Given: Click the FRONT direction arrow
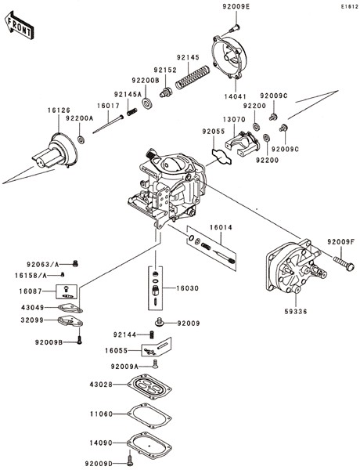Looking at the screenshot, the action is click(x=19, y=25).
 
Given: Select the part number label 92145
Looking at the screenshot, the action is click(x=188, y=57).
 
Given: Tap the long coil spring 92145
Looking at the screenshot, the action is click(x=193, y=78).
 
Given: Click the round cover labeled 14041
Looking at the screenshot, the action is click(x=229, y=58).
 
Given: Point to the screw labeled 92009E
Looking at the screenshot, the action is click(x=234, y=28).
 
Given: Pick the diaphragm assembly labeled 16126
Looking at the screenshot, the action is click(x=56, y=150).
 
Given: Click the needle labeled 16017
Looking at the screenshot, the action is click(x=108, y=124).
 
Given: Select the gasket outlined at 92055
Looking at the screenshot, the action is click(x=222, y=157).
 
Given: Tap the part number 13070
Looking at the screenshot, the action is click(x=234, y=119).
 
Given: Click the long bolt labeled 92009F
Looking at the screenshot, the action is click(x=344, y=263).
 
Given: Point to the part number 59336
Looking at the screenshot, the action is click(x=296, y=312).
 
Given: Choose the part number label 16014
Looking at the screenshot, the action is click(x=221, y=227).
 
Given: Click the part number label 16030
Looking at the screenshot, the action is click(x=187, y=288).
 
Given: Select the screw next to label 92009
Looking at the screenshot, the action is click(x=160, y=322).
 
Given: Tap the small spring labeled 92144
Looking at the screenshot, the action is click(x=152, y=334).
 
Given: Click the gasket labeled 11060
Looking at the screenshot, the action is click(x=149, y=416).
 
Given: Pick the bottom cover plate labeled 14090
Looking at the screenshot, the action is click(x=149, y=445).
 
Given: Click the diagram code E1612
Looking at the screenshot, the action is click(x=349, y=6).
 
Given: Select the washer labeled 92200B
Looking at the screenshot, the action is click(x=147, y=103).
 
